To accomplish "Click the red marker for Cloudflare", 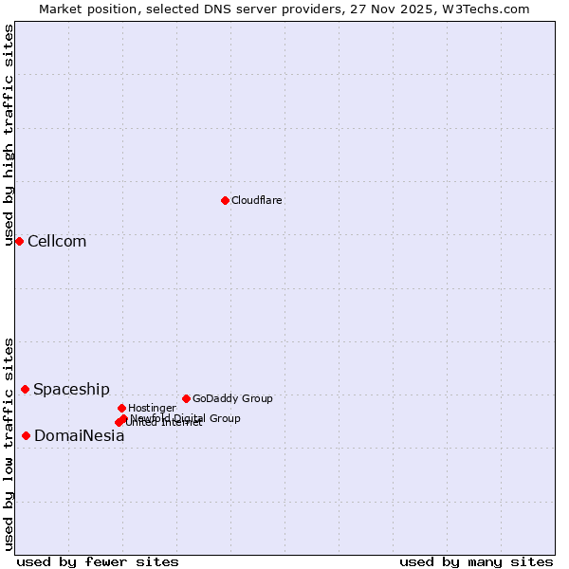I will [x=225, y=200].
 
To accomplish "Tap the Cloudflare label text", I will [x=257, y=200].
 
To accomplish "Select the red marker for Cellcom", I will [x=19, y=241].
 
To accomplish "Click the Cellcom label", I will [x=57, y=241].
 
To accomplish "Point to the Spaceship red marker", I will [x=25, y=389].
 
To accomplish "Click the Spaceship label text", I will [x=71, y=389].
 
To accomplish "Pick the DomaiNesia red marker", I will [x=26, y=435].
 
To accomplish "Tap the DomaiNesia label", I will [x=79, y=436].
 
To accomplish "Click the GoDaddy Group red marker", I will [x=186, y=398].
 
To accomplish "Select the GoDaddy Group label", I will [x=232, y=398].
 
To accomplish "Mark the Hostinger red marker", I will [x=121, y=408].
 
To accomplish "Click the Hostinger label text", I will [x=152, y=408].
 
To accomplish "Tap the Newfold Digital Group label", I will [x=186, y=418].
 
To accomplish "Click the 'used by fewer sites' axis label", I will [x=98, y=561].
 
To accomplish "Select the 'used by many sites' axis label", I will [x=476, y=561].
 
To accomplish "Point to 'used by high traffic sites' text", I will [x=9, y=135].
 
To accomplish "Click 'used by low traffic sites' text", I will [x=9, y=444].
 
